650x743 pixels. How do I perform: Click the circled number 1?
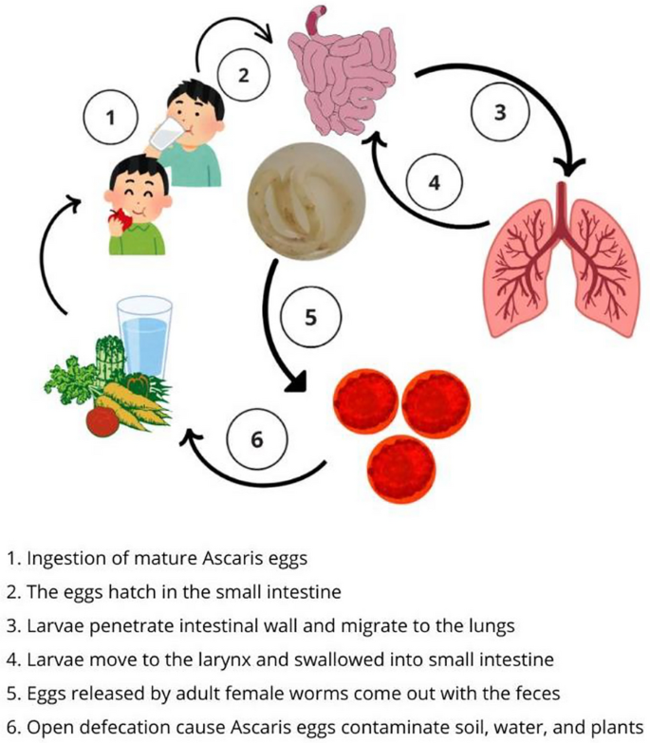click(111, 118)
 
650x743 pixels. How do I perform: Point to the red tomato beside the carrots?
click(102, 420)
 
